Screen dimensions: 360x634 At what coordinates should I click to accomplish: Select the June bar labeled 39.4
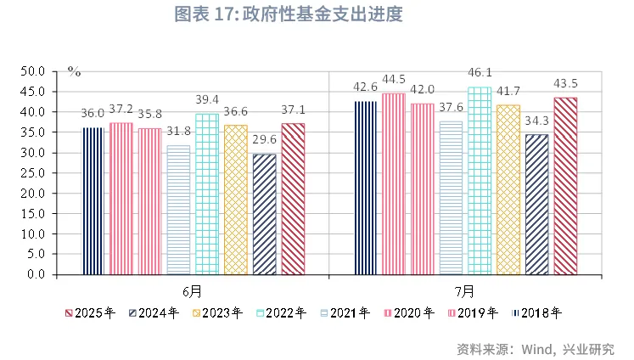point(207,194)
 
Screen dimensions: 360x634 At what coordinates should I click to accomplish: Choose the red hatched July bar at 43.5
point(565,186)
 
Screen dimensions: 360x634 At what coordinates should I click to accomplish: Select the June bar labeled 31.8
point(178,210)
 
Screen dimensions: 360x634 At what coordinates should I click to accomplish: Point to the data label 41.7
point(509,92)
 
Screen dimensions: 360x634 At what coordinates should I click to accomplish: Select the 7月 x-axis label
point(464,290)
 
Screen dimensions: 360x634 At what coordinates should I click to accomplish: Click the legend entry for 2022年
point(282,312)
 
